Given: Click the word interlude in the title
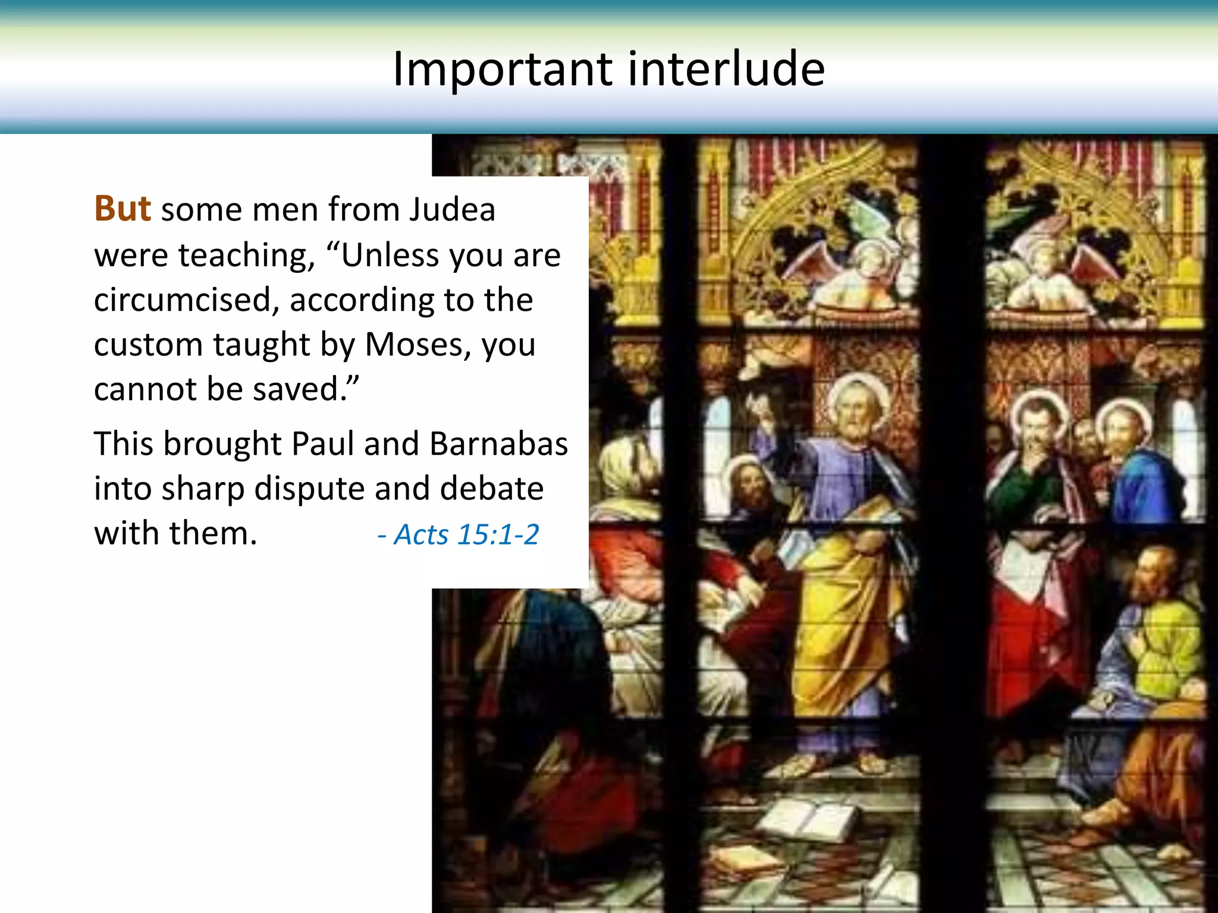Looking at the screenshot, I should coord(726,69).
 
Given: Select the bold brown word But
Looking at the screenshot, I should coord(123,209).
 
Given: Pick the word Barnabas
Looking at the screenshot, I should coord(498,444).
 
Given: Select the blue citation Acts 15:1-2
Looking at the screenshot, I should coord(459,534).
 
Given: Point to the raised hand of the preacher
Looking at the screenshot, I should coord(764,410).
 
